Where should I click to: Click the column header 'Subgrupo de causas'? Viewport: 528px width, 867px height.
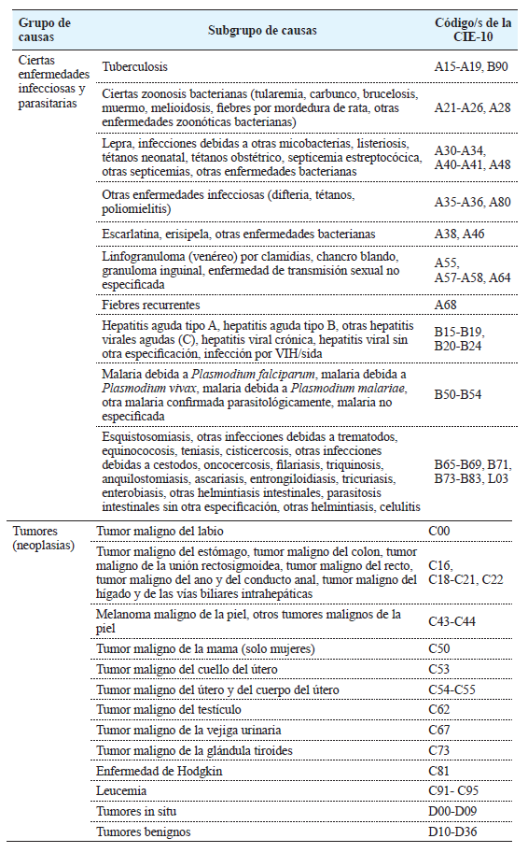pos(262,30)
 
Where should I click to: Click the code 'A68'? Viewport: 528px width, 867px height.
pos(446,305)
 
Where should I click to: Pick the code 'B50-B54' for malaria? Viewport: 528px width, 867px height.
pos(457,395)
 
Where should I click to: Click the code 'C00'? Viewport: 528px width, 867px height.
pos(438,532)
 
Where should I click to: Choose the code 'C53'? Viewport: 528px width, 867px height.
pos(438,669)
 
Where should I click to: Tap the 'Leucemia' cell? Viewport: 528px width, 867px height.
pos(121,790)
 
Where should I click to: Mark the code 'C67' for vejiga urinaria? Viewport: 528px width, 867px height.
pos(438,730)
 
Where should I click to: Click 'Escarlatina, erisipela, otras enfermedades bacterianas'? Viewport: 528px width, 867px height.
pos(239,233)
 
